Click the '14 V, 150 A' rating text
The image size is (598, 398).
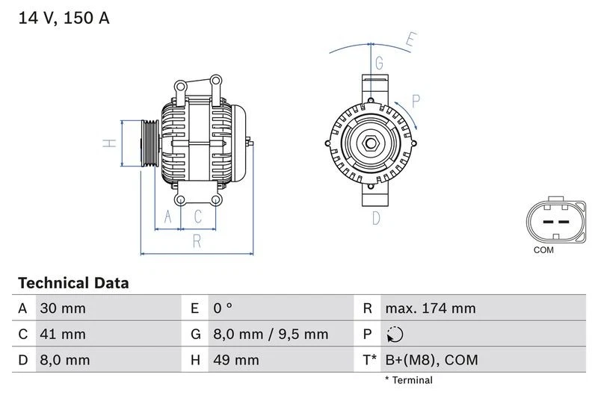pos(64,18)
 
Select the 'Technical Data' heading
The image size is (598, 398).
pos(73,283)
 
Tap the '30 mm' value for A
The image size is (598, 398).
pos(64,308)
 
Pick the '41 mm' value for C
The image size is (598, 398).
pos(64,335)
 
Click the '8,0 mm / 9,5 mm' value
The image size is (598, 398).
pos(270,335)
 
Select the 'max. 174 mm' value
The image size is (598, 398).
pos(430,308)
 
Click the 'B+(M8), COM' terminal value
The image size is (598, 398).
pos(431,361)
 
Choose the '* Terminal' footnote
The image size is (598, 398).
pos(409,381)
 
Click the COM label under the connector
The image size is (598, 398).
pos(543,250)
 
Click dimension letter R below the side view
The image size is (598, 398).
pos(197,240)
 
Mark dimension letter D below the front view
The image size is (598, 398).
pos(376,218)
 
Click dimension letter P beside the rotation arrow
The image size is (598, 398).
pos(416,101)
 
